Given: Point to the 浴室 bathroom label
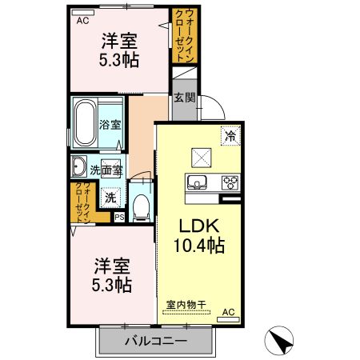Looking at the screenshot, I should (x=110, y=125).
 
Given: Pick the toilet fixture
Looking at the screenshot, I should (x=142, y=207).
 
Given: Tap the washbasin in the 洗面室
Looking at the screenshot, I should (x=78, y=167).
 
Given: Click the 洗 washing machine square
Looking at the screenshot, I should (x=111, y=197).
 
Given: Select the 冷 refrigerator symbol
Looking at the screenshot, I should (x=230, y=136).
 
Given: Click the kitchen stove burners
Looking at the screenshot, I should (x=231, y=181).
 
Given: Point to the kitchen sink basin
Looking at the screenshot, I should (x=197, y=181).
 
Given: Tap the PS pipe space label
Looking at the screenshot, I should (x=119, y=217).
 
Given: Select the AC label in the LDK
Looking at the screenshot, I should (x=227, y=312).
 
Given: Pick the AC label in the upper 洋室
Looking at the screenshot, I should (x=82, y=22).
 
